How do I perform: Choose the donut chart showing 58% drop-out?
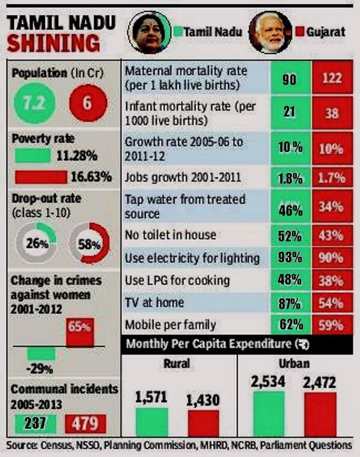[x=90, y=244]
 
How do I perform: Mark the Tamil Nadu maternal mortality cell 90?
[x=289, y=79]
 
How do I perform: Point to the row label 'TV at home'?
[x=153, y=303]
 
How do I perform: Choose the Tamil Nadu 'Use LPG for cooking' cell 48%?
[x=289, y=281]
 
